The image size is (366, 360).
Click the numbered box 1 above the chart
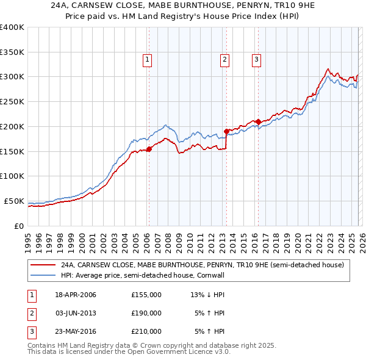coord(148,59)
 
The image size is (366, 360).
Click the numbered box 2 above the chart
coord(225,59)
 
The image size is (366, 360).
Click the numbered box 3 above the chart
coord(256,59)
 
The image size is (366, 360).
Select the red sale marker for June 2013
coord(226,131)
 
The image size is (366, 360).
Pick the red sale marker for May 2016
coord(258,121)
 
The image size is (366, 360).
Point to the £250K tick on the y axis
coord(12,101)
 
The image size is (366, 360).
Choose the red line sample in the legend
coord(43,265)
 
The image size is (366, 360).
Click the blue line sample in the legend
coord(43,275)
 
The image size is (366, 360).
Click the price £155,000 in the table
coord(146,295)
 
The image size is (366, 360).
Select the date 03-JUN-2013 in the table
coord(76,313)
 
